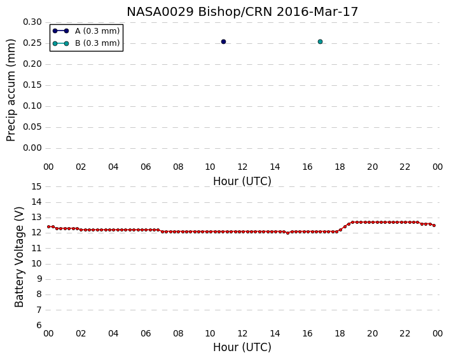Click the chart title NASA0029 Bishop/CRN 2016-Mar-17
click(x=242, y=12)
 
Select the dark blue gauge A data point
click(x=223, y=42)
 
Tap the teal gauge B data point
click(x=320, y=42)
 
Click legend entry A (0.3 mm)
click(x=97, y=31)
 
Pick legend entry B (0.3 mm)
click(x=97, y=43)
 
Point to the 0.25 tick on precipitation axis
click(x=32, y=43)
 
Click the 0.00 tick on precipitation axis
click(x=32, y=148)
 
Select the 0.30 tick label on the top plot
click(x=32, y=22)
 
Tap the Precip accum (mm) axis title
click(x=11, y=90)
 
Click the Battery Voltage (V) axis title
click(x=19, y=257)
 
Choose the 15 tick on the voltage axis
click(x=36, y=187)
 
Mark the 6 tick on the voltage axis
click(x=39, y=326)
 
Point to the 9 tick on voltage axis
click(x=39, y=279)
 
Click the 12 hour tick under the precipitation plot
click(x=242, y=167)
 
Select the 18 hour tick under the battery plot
click(x=340, y=334)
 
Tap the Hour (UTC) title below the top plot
click(x=242, y=181)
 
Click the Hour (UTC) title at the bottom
click(x=242, y=347)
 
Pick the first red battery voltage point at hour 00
click(x=49, y=227)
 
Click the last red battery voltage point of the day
click(x=434, y=225)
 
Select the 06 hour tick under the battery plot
click(x=146, y=334)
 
